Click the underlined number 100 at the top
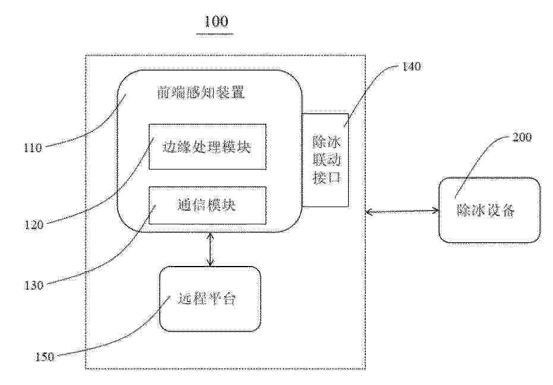coord(216,21)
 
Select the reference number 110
coord(33,148)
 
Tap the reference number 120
coord(33,224)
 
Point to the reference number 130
coord(33,284)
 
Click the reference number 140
coord(411,67)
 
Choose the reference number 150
coord(45,357)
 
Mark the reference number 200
coord(522,137)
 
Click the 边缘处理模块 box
coord(207,146)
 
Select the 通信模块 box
coord(207,205)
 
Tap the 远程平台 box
coord(210,299)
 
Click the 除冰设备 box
coord(489,210)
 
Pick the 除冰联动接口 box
coord(326,160)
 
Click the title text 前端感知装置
coord(201,93)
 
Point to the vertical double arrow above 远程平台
coord(210,249)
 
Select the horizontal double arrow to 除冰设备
coord(402,212)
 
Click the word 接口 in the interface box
coord(327,177)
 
